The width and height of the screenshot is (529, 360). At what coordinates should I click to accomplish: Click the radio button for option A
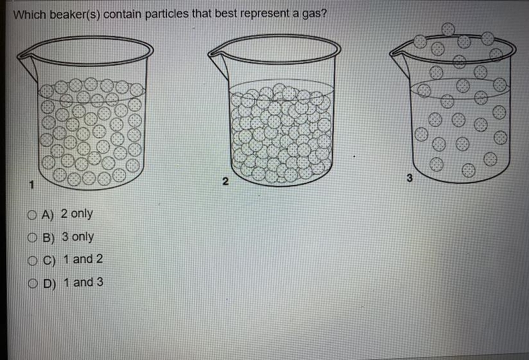(x=32, y=215)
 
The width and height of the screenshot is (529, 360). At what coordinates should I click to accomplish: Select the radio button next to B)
(x=32, y=238)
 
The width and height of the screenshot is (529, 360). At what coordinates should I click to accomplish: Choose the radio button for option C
(x=32, y=261)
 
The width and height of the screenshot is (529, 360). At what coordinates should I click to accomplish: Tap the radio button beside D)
(x=32, y=284)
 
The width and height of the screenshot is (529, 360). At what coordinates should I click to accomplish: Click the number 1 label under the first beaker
(x=31, y=185)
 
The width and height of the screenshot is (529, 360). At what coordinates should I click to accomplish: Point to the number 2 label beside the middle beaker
(x=225, y=181)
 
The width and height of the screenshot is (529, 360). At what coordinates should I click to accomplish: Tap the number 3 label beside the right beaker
(x=409, y=178)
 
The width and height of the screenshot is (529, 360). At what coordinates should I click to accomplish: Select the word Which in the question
(x=30, y=15)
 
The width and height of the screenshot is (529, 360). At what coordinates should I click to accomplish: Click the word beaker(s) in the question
(x=75, y=15)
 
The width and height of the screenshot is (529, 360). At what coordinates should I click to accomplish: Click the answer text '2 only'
(x=77, y=214)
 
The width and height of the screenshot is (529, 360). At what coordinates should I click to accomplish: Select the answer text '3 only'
(x=78, y=237)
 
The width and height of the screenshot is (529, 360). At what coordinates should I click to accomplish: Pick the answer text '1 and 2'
(x=83, y=259)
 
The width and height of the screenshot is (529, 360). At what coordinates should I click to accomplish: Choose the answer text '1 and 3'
(x=83, y=282)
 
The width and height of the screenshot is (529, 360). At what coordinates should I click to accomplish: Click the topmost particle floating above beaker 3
(x=448, y=29)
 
